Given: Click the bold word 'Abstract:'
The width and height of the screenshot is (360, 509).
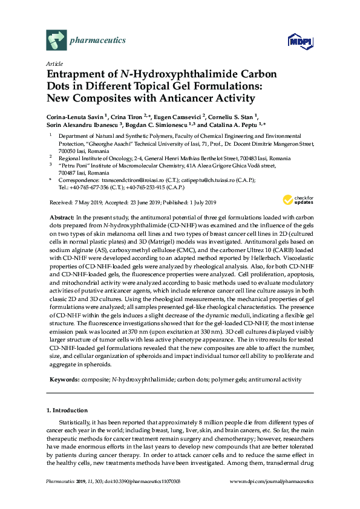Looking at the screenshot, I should (62, 217).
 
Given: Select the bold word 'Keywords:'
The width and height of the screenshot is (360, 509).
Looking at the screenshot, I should (63, 380).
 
